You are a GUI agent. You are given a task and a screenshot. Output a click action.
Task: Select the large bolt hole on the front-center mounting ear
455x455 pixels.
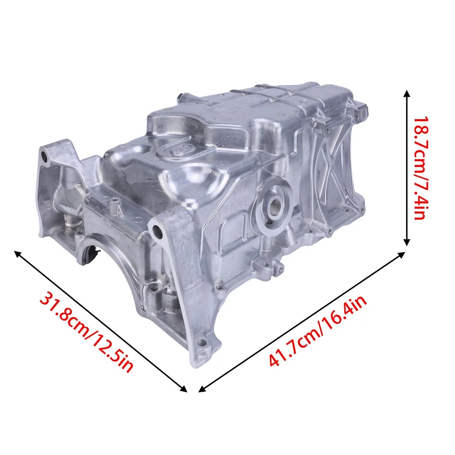pos(155,230)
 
